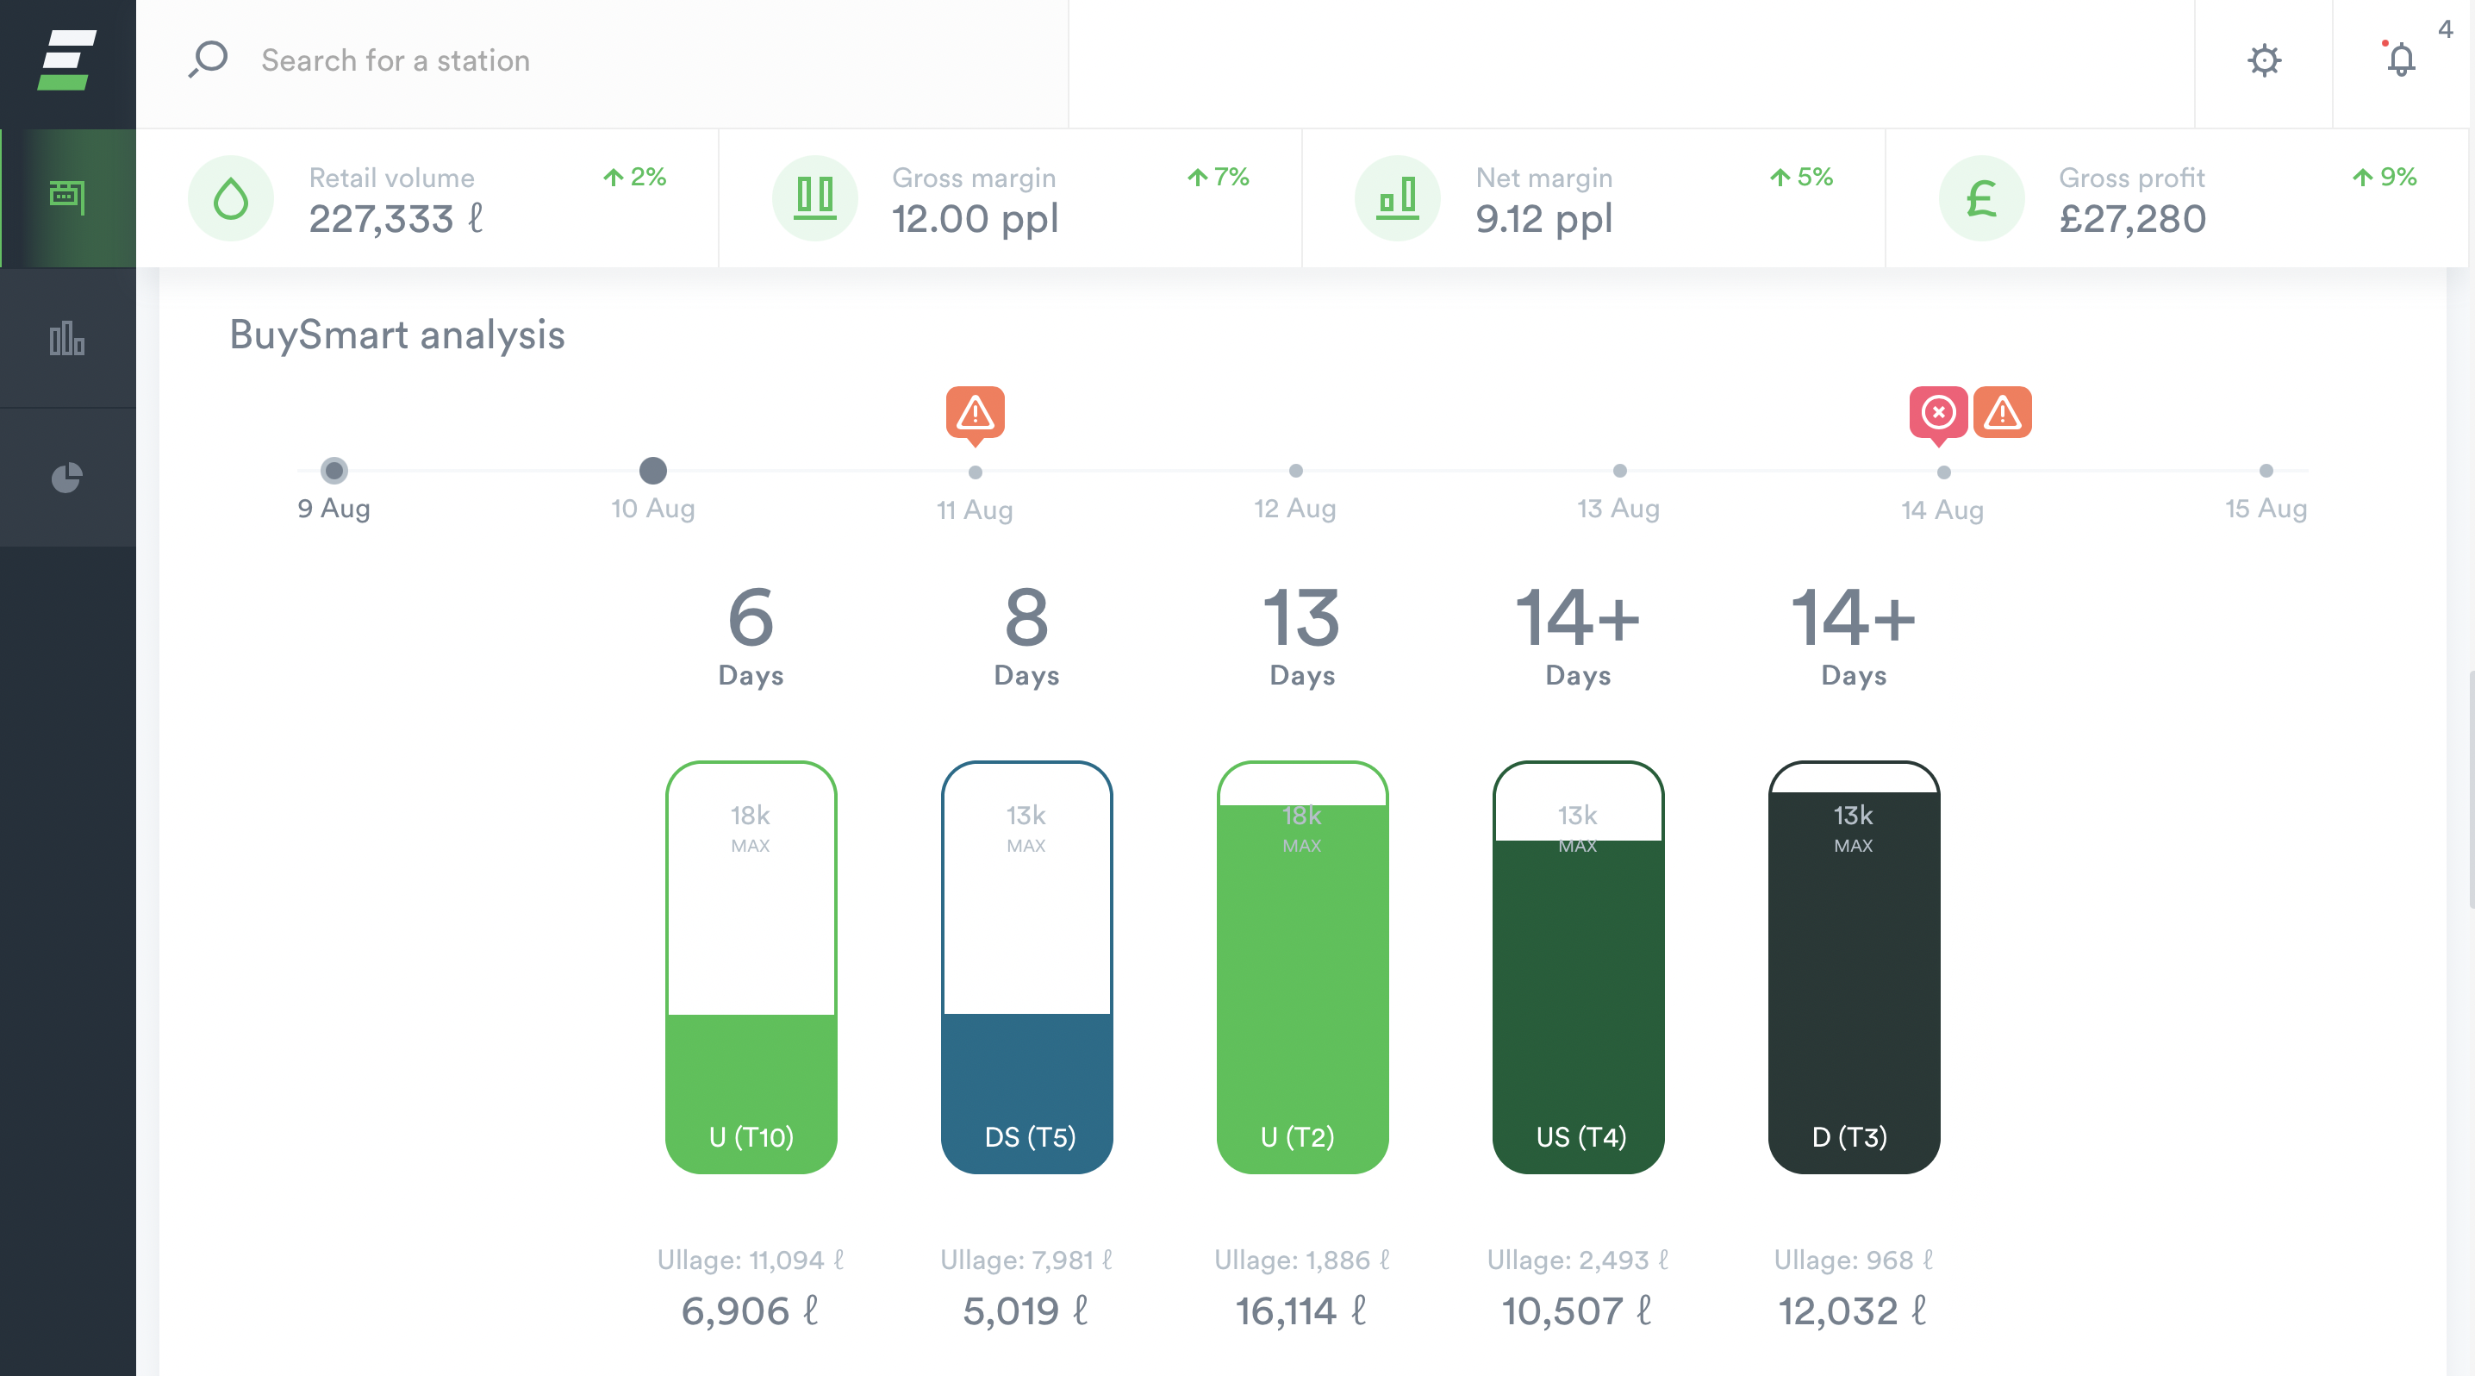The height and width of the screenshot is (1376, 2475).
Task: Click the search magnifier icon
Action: [208, 59]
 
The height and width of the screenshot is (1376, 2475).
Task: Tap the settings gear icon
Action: [2264, 60]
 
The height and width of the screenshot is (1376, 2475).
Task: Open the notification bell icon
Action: [2400, 59]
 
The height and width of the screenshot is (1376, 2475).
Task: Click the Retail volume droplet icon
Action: [231, 199]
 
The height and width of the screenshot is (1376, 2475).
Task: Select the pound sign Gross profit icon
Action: [1981, 199]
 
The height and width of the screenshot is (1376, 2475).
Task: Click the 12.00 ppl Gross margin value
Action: [975, 219]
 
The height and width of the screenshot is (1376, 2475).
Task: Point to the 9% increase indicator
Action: [2385, 177]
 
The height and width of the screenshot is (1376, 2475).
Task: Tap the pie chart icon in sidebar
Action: [67, 478]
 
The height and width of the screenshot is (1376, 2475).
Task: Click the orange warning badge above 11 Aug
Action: [976, 413]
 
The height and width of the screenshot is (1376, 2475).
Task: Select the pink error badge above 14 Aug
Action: [1938, 413]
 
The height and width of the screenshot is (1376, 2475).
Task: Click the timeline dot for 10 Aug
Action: [653, 471]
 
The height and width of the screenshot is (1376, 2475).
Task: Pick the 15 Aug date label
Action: [2266, 509]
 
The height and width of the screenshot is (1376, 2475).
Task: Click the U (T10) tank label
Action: [751, 1136]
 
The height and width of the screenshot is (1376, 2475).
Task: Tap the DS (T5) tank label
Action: [1030, 1136]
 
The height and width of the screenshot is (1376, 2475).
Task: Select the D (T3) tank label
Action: [1849, 1136]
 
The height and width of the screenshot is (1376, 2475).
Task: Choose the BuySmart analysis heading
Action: [396, 335]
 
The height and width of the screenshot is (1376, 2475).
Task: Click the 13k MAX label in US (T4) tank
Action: [1578, 826]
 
